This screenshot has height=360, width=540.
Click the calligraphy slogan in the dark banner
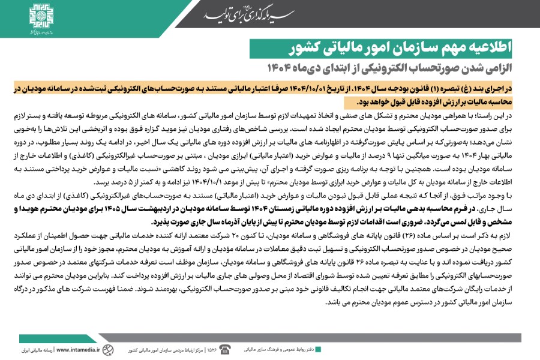(x=244, y=15)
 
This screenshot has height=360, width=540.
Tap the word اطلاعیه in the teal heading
(x=503, y=47)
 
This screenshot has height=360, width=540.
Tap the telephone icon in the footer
(x=225, y=349)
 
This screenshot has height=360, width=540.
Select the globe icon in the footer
(x=107, y=349)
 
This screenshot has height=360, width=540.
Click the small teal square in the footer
(x=318, y=349)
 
